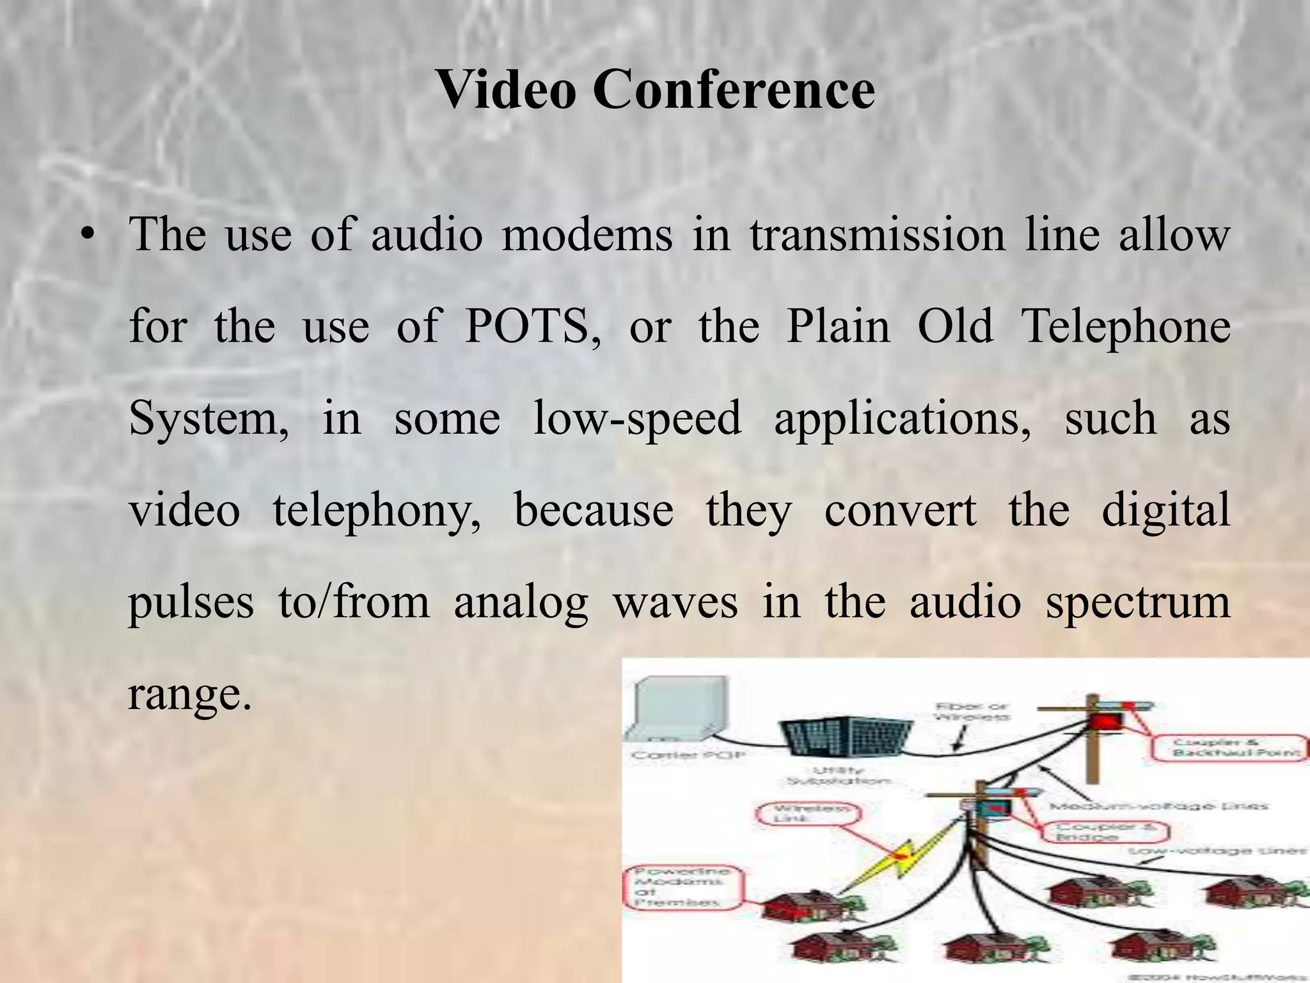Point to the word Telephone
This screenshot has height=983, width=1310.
(1126, 327)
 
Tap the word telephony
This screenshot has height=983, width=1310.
(377, 511)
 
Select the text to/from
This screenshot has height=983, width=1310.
(354, 602)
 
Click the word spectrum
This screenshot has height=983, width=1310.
(1138, 602)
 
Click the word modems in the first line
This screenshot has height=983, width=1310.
(587, 236)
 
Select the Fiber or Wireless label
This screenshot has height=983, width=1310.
(971, 711)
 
